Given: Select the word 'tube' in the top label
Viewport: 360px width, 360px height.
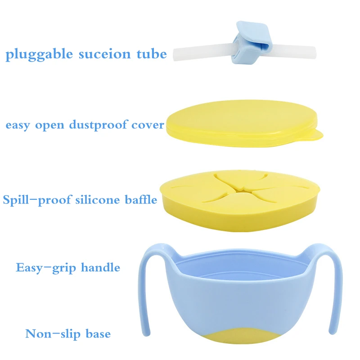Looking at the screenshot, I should click(151, 54).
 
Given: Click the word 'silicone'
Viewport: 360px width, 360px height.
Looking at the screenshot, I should click(100, 200).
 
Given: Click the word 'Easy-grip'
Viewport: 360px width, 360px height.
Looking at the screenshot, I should click(46, 268).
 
